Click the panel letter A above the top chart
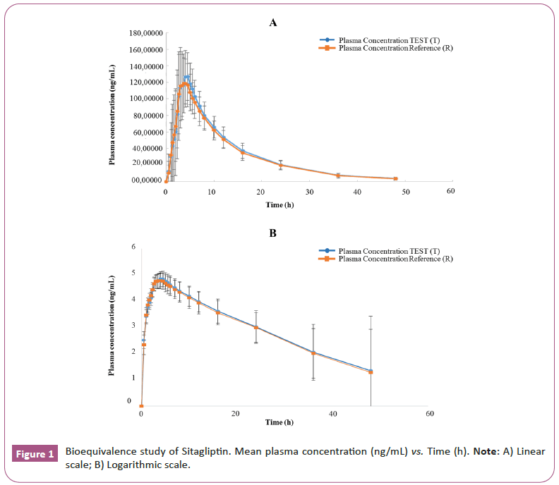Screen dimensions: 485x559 273,23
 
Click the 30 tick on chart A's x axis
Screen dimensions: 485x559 308,191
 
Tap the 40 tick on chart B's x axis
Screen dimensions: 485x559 332,414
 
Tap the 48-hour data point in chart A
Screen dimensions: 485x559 395,179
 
